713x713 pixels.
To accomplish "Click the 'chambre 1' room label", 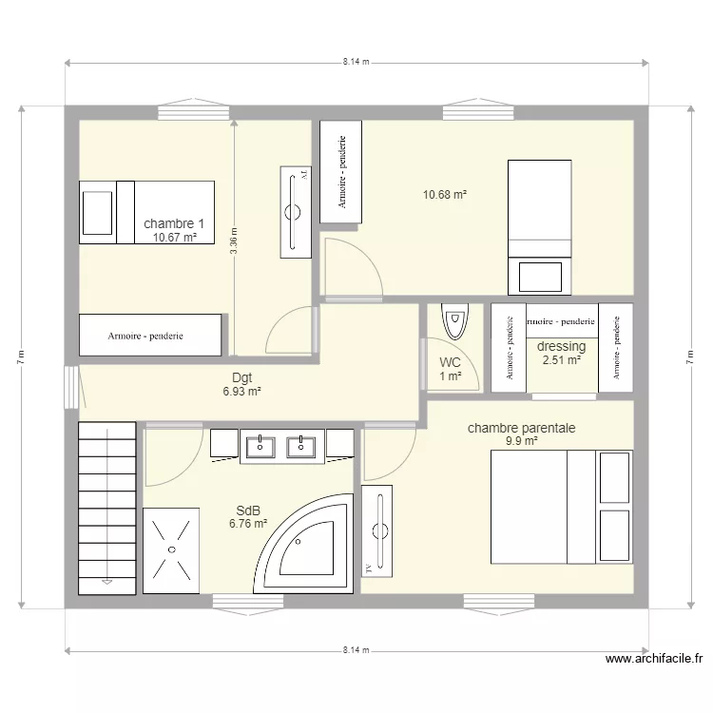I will point(174,223).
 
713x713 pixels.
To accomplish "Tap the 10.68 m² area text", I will point(445,195).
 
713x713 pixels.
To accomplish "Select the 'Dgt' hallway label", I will point(241,377).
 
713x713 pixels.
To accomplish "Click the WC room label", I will point(451,362).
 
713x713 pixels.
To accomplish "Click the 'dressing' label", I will point(561,346).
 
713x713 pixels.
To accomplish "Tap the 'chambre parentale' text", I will point(521,428).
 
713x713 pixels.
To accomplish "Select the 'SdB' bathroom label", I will point(247,509).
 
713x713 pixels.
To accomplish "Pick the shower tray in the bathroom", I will point(171,549).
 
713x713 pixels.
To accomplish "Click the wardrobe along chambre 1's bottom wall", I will point(150,336).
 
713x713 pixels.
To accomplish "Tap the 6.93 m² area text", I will point(241,391).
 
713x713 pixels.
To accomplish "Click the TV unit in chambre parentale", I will point(376,530).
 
